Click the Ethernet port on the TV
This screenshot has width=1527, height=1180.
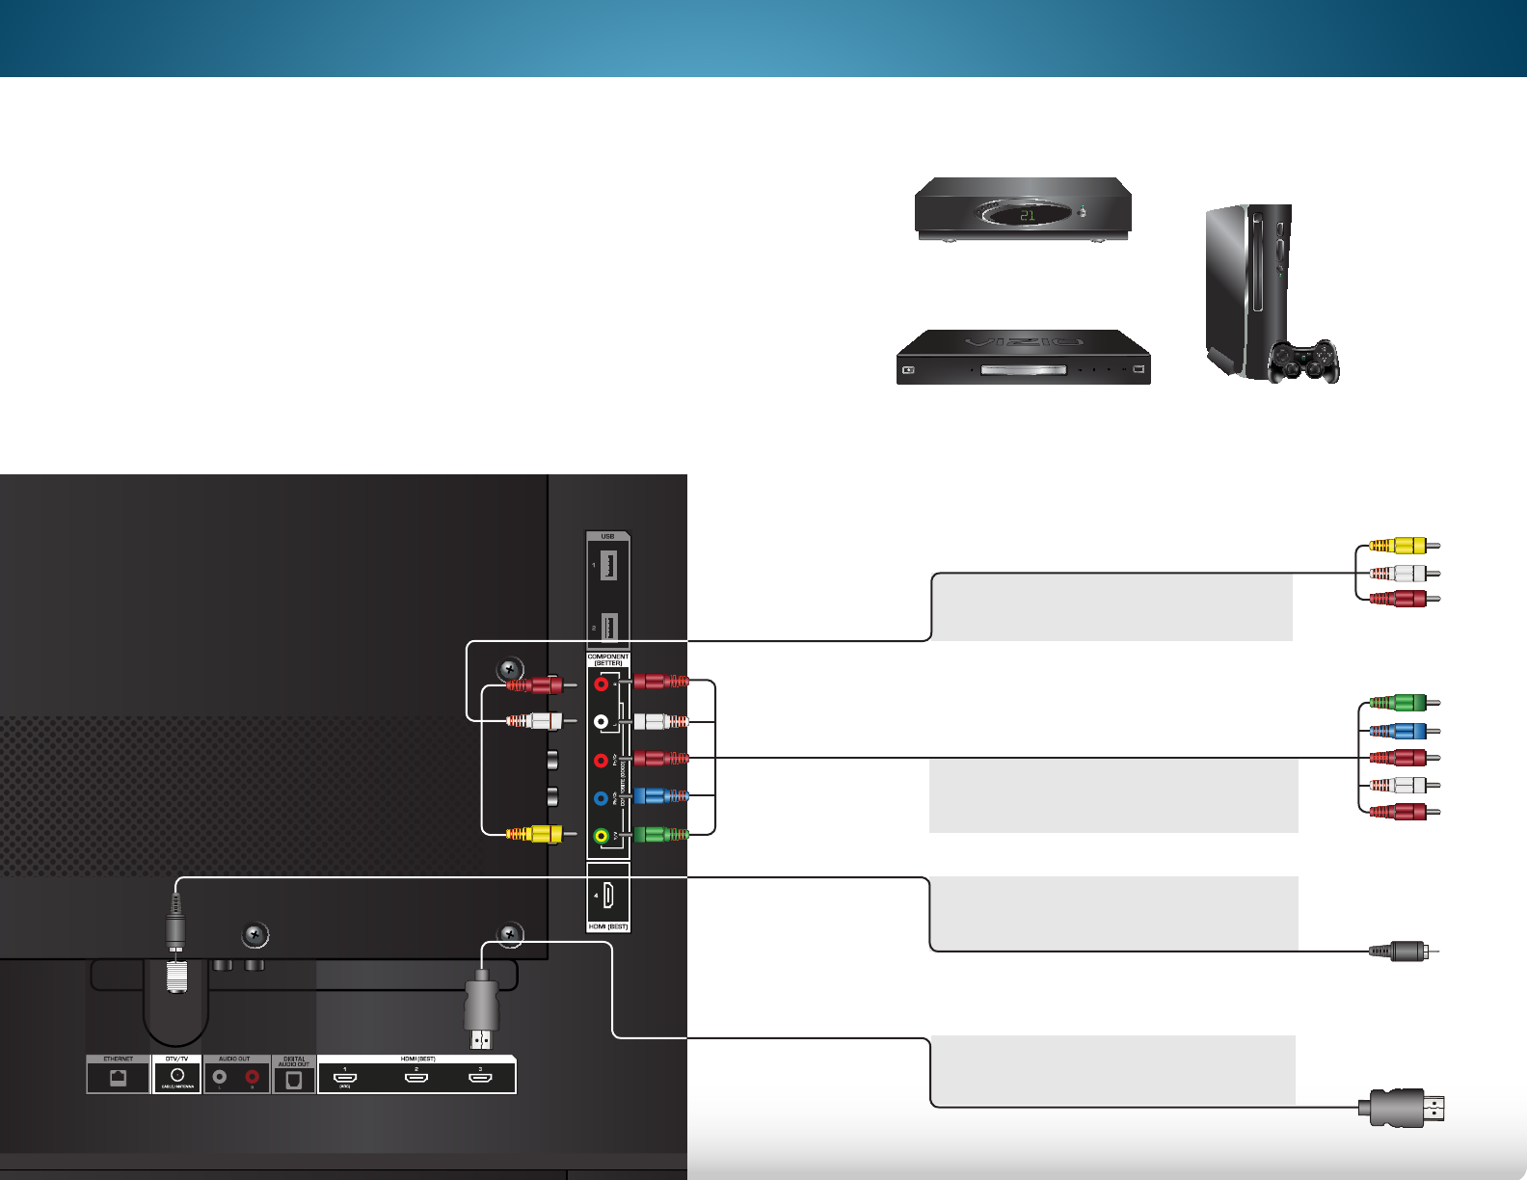click(118, 1078)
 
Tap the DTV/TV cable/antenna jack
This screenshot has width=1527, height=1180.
click(177, 1074)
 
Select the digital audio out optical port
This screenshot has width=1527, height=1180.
click(294, 1080)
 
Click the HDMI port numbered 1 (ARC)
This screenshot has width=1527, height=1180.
click(345, 1077)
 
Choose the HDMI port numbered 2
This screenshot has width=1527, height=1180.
click(416, 1077)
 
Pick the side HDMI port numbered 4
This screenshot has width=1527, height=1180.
click(609, 896)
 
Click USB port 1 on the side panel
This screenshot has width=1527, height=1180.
click(608, 565)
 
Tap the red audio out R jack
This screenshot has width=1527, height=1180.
click(253, 1077)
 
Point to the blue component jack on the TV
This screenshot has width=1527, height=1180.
click(601, 798)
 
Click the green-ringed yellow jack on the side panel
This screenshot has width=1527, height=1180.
click(602, 835)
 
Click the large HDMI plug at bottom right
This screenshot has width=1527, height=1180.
click(1404, 1108)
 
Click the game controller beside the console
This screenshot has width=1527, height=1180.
click(1303, 361)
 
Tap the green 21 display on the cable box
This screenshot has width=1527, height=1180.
click(1027, 215)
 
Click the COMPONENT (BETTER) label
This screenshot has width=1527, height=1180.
click(608, 660)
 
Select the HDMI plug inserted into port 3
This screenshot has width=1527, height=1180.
click(481, 1007)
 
